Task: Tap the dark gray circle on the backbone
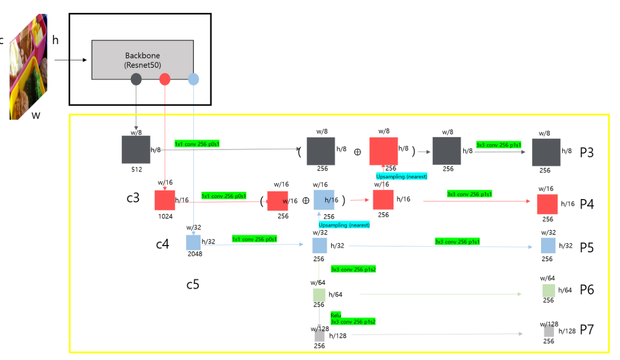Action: pos(136,79)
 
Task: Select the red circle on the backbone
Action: pos(165,79)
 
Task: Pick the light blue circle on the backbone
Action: pos(193,79)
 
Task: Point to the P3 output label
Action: pos(587,153)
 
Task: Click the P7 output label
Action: pos(587,330)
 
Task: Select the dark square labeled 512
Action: pos(136,150)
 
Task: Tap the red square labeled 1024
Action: pos(165,200)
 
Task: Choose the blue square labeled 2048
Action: pos(193,242)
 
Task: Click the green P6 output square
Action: pos(548,290)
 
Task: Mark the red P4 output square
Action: pos(547,204)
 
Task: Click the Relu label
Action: pos(336,315)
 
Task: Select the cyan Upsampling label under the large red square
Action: pos(401,176)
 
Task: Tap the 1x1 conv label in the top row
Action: pos(197,143)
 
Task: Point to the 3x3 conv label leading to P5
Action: pos(457,241)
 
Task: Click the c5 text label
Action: pos(192,284)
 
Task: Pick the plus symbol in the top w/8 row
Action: pos(357,153)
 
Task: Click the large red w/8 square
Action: pos(383,151)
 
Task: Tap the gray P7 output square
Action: pos(549,331)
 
